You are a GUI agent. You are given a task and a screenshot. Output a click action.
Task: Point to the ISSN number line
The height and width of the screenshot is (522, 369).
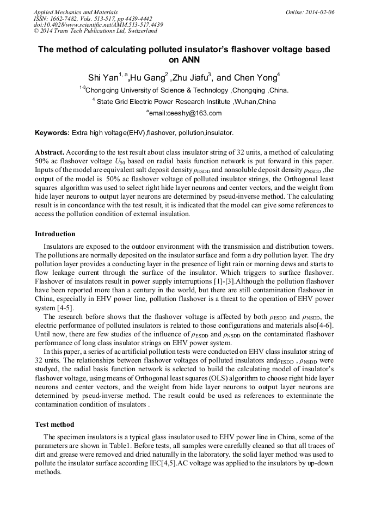(93, 19)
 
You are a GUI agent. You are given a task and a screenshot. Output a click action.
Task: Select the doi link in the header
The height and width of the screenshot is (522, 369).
(98, 25)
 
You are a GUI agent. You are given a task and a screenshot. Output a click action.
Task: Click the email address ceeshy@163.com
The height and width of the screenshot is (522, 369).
(185, 113)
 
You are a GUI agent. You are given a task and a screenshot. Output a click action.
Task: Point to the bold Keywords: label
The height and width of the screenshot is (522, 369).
(52, 133)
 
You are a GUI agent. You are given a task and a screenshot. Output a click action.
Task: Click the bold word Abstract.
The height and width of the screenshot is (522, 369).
(50, 153)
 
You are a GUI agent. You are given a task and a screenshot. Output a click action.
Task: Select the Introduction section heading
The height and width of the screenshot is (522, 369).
(55, 234)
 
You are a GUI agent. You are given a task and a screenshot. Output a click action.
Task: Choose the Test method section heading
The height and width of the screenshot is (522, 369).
(54, 424)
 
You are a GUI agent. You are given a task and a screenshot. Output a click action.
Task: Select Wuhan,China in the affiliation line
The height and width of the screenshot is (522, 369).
(255, 102)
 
